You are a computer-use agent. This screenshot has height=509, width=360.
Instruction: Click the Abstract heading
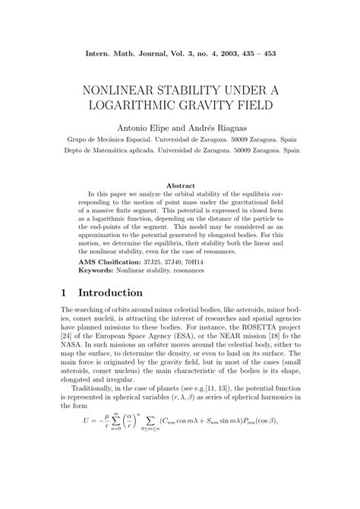point(179,185)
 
